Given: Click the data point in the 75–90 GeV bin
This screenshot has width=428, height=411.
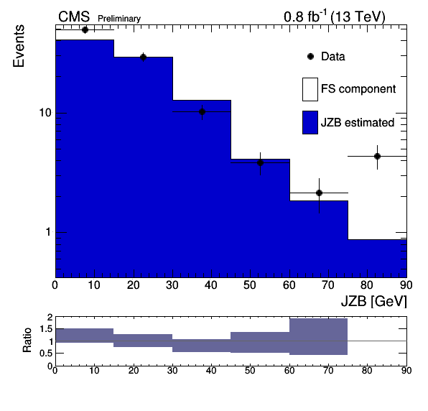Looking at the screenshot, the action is point(377,157).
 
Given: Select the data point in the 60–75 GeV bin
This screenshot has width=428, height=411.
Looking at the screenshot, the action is point(319,193).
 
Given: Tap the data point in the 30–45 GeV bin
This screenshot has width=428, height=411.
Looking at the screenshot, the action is point(202,111).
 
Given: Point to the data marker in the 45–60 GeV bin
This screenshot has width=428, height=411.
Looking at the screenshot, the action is point(261,163).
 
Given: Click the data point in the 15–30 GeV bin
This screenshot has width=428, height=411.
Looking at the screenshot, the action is point(143,57).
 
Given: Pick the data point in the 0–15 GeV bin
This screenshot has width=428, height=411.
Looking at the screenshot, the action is point(85,29).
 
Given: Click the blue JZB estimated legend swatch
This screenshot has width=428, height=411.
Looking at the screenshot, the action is point(310,122).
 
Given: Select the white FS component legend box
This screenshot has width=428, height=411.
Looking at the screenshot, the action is point(310,89).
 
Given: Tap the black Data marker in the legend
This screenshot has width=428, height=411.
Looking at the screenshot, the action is point(311,57).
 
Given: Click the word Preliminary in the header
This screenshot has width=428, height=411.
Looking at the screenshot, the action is point(119,19).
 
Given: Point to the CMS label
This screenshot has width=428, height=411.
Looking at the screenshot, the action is point(74,17).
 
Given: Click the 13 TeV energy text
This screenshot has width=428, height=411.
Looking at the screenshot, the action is point(358,17).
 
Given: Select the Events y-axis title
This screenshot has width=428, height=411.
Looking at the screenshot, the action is point(19,46).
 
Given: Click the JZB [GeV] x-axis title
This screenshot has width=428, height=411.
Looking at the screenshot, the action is point(374,302).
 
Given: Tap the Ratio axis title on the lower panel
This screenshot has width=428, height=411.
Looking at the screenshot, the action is point(27,340).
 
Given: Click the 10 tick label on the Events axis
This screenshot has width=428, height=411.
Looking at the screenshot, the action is point(45,113).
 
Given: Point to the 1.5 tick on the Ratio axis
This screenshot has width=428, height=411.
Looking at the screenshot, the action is point(46,329).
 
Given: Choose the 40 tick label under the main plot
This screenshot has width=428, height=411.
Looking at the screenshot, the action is point(211,285).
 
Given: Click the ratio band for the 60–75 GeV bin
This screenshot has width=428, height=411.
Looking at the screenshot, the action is point(319,336).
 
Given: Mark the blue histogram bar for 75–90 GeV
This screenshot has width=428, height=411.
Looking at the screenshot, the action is point(378,259).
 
